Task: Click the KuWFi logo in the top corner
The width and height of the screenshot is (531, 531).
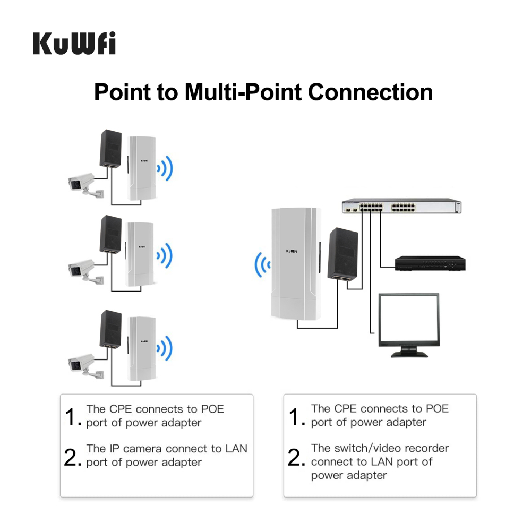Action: click(x=74, y=44)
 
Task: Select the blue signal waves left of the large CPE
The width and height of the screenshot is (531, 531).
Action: click(x=261, y=263)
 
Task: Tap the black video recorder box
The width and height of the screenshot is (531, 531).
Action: click(x=430, y=263)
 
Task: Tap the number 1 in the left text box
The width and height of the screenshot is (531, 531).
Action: click(x=72, y=416)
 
